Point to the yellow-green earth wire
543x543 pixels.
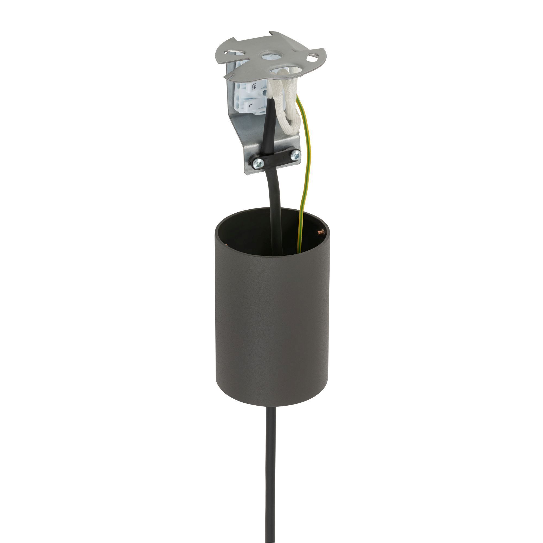tap(303, 180)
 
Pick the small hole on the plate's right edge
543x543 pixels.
tap(312, 59)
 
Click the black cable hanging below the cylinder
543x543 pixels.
tap(271, 478)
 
